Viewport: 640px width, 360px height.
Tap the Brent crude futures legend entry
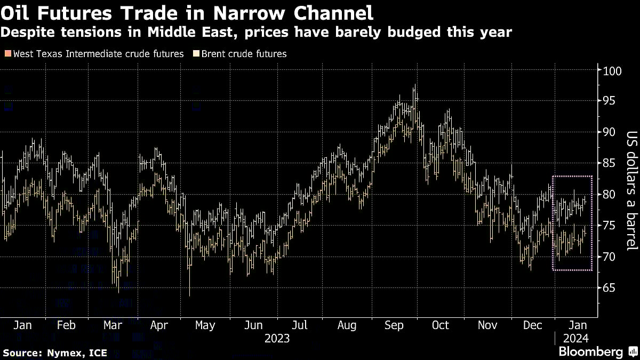[x=243, y=54]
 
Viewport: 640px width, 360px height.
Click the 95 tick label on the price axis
[x=609, y=101]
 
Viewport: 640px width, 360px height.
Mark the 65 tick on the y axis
[x=609, y=288]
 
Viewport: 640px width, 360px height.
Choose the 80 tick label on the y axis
[x=609, y=195]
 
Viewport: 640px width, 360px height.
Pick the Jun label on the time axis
[x=253, y=325]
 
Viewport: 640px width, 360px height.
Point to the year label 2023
[x=277, y=338]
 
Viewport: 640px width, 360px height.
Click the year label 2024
[x=575, y=338]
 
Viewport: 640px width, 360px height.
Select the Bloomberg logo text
[x=590, y=351]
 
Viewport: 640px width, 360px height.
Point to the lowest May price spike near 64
[x=189, y=294]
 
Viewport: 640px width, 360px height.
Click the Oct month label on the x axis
[x=441, y=325]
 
